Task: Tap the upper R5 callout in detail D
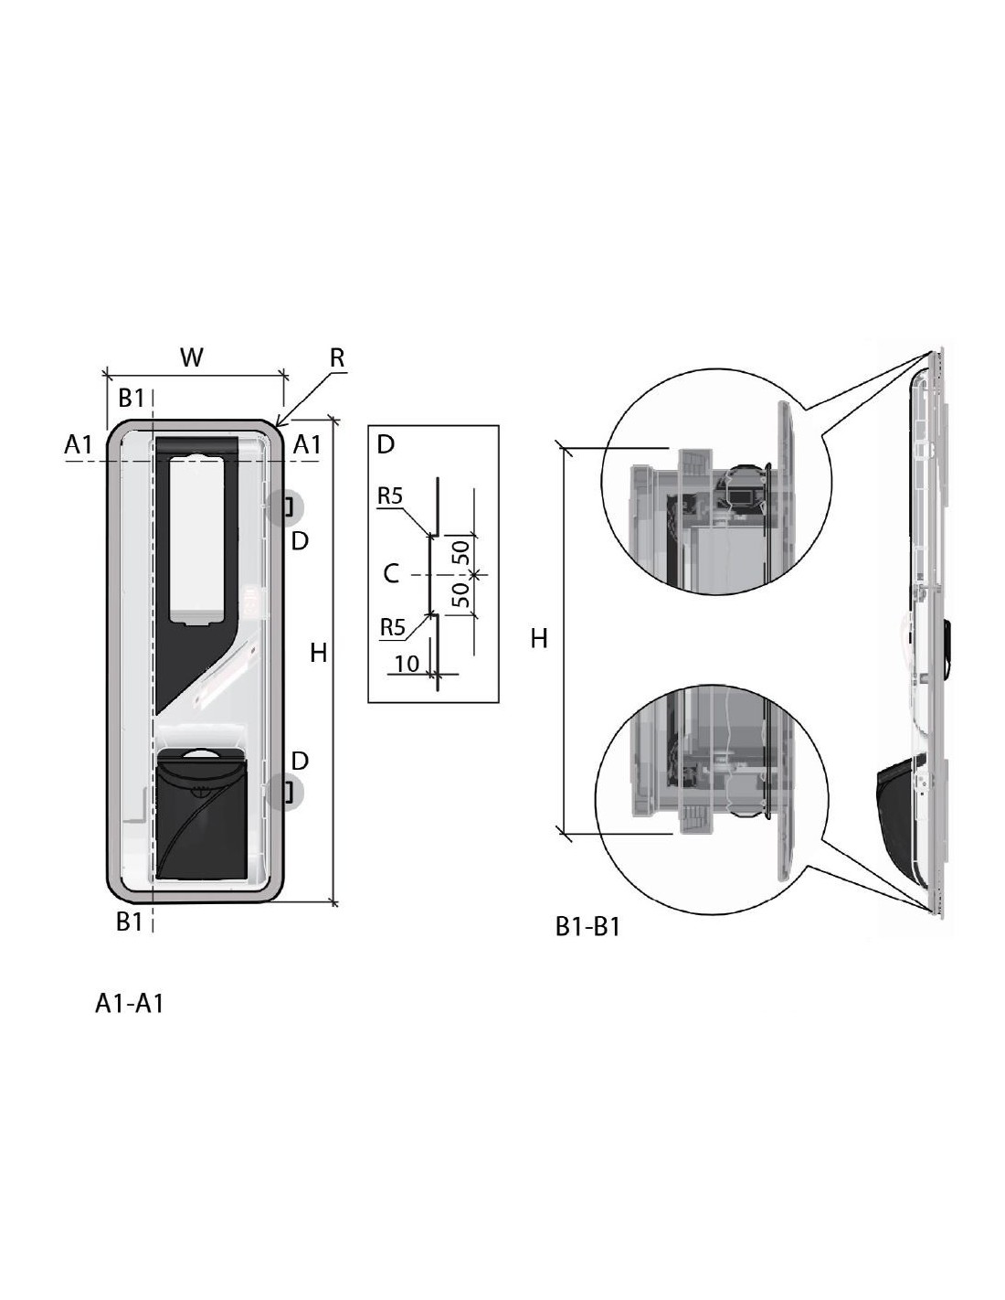[x=390, y=495]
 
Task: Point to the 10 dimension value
[x=407, y=664]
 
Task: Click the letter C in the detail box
[x=390, y=574]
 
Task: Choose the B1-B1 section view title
[x=587, y=927]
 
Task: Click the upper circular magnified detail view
[x=716, y=482]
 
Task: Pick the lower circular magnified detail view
[x=712, y=799]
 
